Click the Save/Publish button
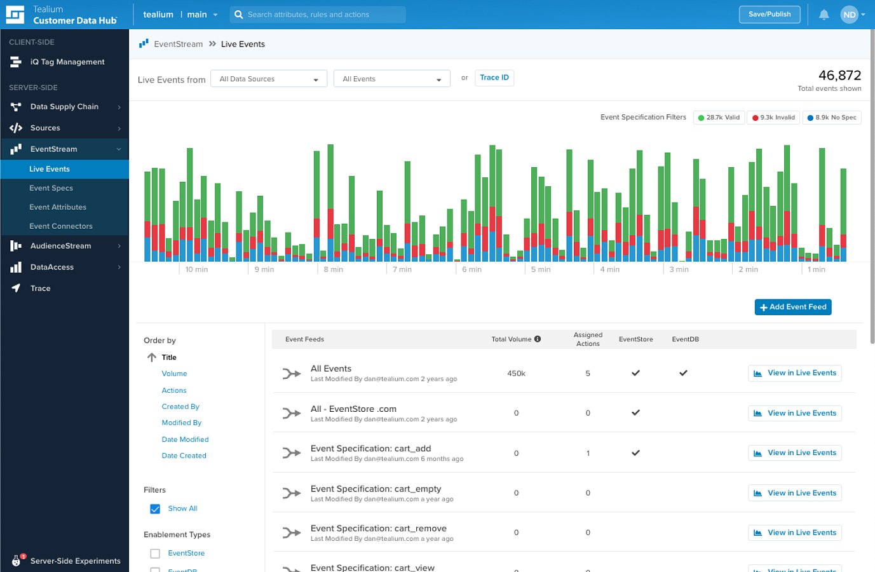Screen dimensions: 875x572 769,15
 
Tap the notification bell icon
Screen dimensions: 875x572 824,15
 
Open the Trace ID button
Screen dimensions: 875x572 494,78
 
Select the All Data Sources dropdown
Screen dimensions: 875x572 269,79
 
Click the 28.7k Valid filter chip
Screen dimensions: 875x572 719,117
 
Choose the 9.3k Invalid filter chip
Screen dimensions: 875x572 773,117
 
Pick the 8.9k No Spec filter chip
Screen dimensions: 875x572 832,117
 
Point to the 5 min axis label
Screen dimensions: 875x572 541,269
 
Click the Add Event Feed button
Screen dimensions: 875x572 793,307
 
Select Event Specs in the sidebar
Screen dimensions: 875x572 51,188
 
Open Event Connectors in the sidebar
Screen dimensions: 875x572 61,226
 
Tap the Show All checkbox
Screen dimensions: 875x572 155,508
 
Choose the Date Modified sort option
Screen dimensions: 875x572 185,439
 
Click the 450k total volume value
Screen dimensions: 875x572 516,374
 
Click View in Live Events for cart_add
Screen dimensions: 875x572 794,453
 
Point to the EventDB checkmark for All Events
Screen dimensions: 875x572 683,373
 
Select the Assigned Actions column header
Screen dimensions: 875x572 588,339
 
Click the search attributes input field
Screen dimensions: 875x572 318,15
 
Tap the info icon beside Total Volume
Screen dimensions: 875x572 538,339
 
